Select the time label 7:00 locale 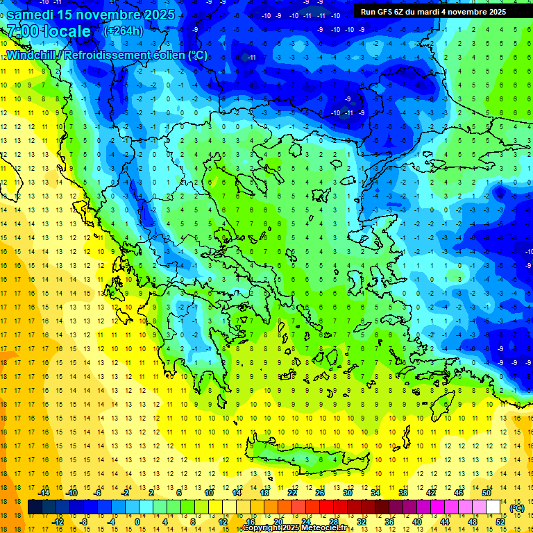click(49, 31)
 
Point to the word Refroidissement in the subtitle click(105, 55)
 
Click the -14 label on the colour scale click(44, 493)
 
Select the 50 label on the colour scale click(487, 493)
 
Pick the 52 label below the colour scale click(500, 522)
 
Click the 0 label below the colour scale click(137, 522)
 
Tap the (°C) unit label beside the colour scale click(516, 508)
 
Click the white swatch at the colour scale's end click(493, 507)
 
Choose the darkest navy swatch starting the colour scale click(35, 507)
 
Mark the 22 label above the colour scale click(292, 493)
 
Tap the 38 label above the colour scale click(403, 493)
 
